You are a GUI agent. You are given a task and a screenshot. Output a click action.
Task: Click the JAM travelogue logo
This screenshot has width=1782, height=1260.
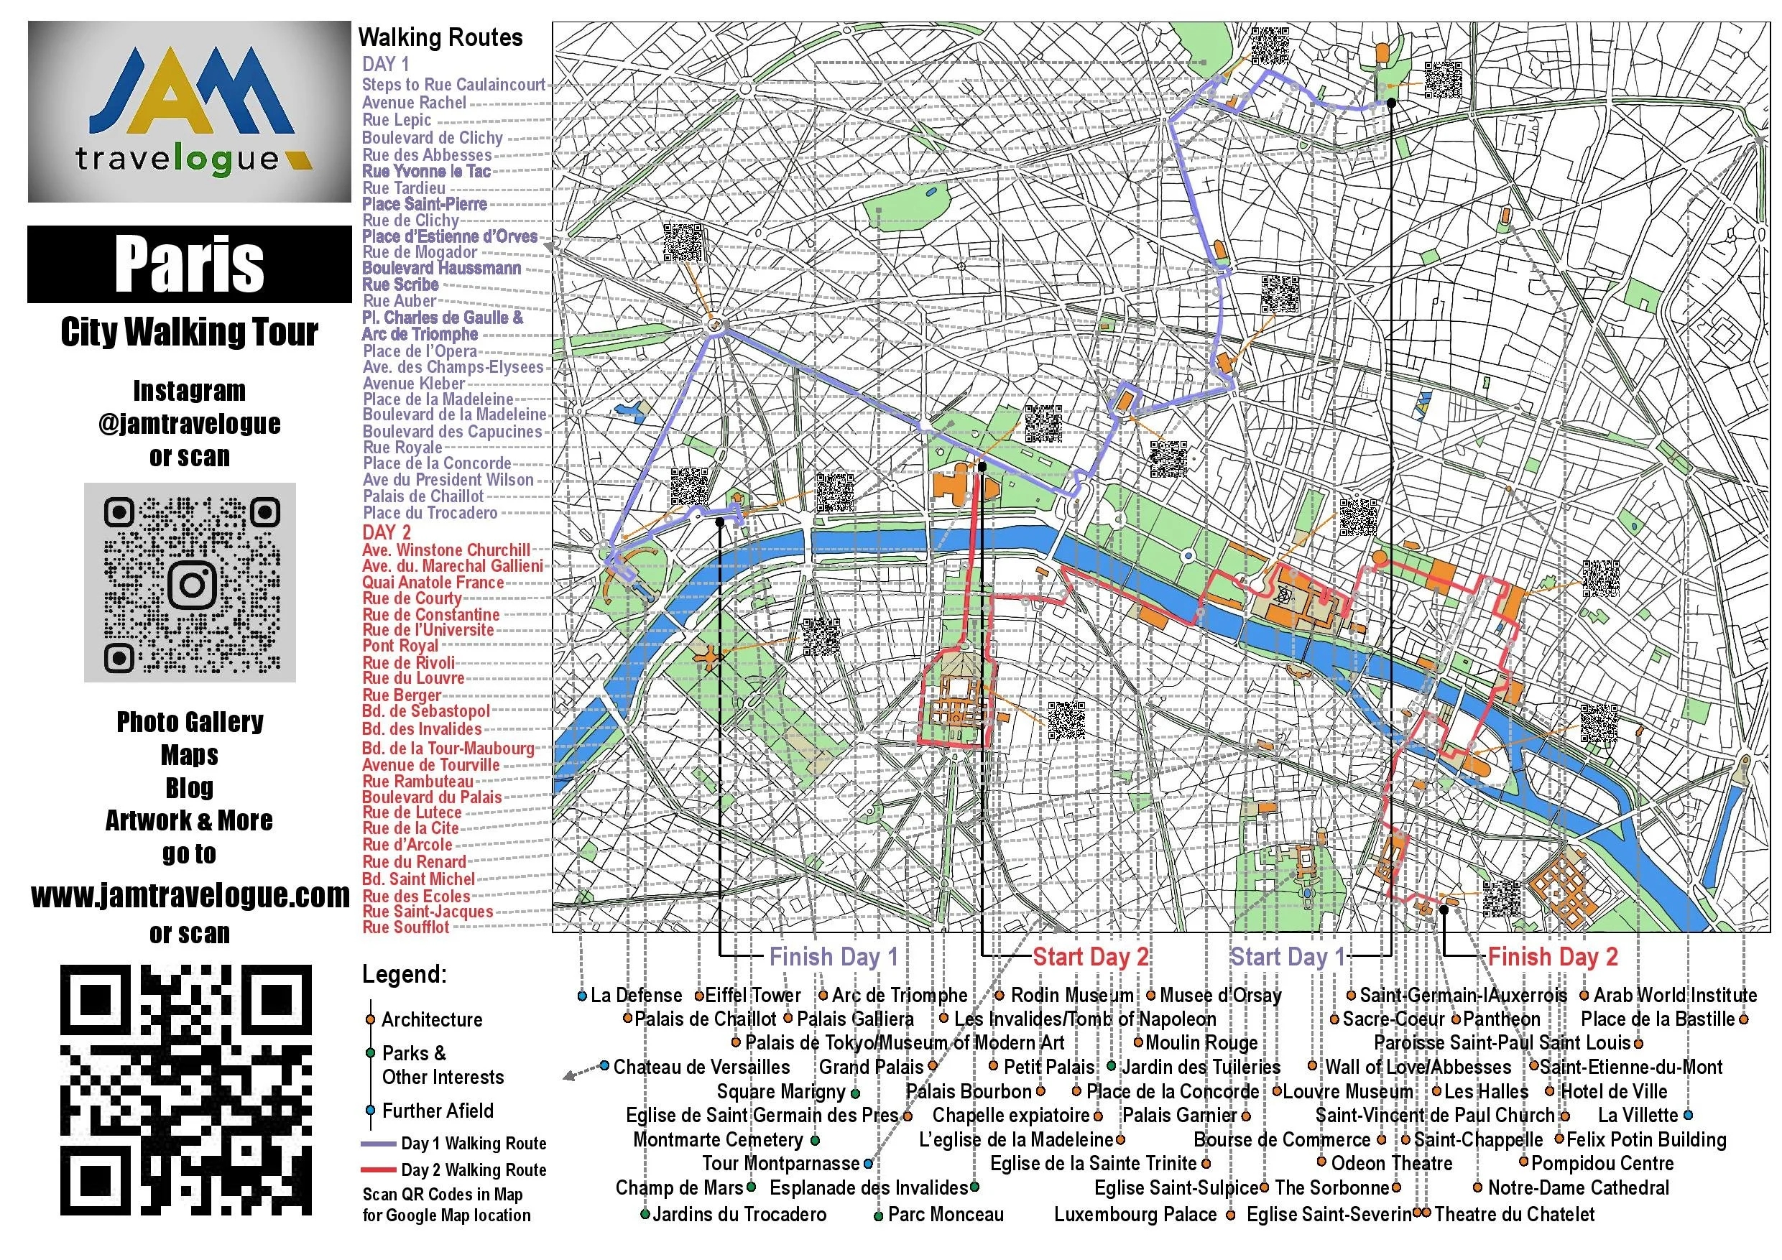tap(190, 112)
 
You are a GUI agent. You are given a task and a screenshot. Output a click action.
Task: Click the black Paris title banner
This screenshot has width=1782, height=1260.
tap(190, 264)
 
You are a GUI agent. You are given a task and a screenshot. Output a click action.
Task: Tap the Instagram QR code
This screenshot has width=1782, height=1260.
tap(190, 583)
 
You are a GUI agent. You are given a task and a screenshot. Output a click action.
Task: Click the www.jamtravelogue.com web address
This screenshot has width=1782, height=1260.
tap(190, 896)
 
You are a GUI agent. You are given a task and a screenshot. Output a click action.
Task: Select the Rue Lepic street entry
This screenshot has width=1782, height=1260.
tap(397, 120)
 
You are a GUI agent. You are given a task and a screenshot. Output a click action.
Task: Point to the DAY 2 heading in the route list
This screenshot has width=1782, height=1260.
tap(386, 533)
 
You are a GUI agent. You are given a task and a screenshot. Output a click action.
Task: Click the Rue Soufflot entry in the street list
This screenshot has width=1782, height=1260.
tap(406, 928)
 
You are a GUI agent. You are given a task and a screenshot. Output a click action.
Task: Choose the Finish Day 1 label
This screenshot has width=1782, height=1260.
tap(833, 958)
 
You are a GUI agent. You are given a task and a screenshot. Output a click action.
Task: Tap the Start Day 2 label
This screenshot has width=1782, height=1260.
tap(1090, 958)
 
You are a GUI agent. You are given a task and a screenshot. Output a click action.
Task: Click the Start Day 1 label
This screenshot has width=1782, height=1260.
tap(1287, 958)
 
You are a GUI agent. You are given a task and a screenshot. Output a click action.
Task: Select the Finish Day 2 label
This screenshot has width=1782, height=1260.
tap(1552, 958)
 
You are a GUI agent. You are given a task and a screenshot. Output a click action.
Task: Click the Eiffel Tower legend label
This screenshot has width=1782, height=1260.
tap(752, 996)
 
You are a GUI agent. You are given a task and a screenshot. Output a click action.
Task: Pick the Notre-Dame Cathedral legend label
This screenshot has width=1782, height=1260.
tap(1578, 1188)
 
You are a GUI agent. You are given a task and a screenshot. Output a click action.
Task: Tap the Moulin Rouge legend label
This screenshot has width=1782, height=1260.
tap(1201, 1043)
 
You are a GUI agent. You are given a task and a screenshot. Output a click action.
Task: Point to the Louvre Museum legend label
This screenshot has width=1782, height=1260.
tap(1347, 1092)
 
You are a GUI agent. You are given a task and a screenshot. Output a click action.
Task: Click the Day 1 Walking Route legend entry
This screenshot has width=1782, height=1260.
tap(474, 1144)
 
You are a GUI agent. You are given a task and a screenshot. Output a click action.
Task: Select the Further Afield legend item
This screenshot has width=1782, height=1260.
tap(437, 1111)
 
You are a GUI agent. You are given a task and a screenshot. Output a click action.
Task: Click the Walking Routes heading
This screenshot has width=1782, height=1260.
tap(440, 38)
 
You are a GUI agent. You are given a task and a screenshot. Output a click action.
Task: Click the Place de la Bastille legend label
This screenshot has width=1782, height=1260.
tap(1657, 1019)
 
